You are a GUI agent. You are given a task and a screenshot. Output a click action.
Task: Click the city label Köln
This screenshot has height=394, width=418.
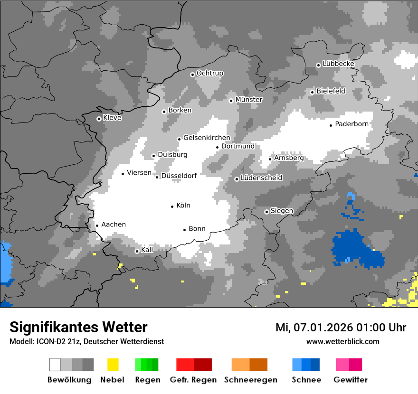(183, 206)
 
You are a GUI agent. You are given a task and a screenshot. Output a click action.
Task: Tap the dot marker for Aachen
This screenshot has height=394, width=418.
(97, 226)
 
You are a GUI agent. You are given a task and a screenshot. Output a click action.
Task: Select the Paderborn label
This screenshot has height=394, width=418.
(351, 124)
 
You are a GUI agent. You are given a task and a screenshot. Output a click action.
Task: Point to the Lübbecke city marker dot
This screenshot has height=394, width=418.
(318, 65)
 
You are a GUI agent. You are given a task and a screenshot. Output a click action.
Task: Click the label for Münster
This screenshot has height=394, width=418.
(249, 100)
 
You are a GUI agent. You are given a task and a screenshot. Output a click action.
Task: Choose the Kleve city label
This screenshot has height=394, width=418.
(112, 118)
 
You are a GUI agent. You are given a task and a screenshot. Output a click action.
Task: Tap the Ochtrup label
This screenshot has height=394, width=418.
(209, 73)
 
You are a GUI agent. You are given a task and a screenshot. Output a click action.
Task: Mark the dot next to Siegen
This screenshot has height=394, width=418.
(266, 212)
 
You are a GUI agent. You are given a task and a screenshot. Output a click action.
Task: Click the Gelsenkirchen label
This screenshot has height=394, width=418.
(207, 138)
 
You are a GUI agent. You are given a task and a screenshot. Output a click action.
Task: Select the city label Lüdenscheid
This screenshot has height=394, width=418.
(261, 178)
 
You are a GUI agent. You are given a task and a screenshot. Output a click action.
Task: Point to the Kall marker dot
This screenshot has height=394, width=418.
(137, 251)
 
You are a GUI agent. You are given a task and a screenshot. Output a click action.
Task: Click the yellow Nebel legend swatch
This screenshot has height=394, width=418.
(113, 365)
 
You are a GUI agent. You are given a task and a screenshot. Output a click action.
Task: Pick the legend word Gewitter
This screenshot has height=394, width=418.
(350, 380)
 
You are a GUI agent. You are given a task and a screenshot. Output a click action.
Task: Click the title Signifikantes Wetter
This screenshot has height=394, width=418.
(78, 327)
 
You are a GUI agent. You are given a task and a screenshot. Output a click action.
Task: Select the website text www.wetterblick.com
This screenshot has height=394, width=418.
(342, 341)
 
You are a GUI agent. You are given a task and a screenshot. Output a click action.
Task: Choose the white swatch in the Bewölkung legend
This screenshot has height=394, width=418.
(55, 365)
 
